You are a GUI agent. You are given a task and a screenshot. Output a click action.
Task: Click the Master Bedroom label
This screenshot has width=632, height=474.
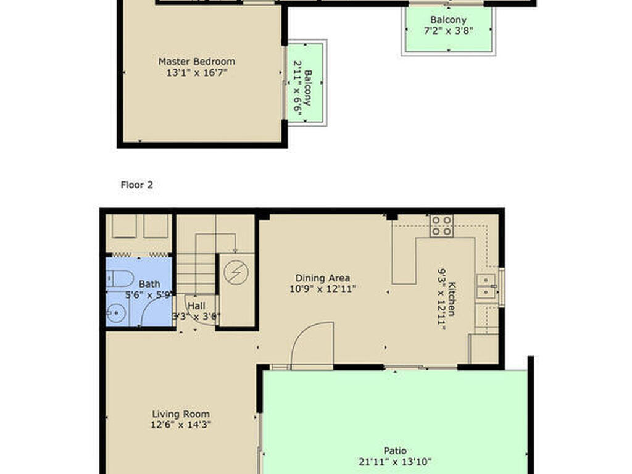click(196, 62)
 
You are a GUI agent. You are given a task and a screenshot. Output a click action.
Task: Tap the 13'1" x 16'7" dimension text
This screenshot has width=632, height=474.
click(196, 73)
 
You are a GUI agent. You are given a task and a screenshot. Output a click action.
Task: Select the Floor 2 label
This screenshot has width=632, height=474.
click(136, 185)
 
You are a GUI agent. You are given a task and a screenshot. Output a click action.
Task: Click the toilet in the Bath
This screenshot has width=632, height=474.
click(117, 278)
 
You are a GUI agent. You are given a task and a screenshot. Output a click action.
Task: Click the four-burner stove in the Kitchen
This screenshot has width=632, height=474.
click(441, 226)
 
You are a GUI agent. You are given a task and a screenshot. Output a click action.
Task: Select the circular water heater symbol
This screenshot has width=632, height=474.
click(236, 273)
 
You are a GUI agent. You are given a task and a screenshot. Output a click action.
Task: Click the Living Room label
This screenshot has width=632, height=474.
click(181, 414)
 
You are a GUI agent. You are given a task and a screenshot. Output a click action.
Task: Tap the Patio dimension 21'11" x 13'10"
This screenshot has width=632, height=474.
click(395, 461)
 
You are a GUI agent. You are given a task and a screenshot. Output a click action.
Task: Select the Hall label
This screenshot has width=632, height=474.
click(196, 306)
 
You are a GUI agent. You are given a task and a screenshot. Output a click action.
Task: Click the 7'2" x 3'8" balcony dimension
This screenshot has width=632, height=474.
click(448, 30)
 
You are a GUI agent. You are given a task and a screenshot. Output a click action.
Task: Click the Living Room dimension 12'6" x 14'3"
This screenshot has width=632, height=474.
click(181, 425)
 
